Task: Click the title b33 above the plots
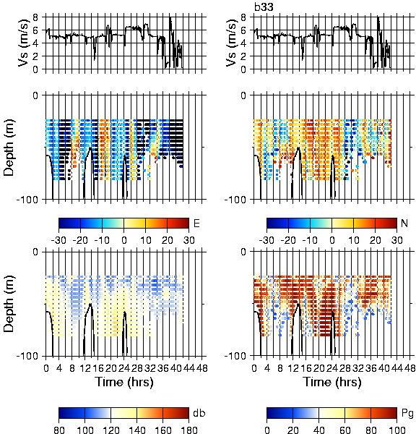coord(264,7)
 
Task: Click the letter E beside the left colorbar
coord(196,223)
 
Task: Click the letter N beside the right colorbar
coord(404,223)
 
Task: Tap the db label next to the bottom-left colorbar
coord(199,413)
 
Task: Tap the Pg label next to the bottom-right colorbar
coord(407,414)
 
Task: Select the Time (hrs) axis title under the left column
coord(124,382)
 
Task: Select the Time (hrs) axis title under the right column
coord(332,382)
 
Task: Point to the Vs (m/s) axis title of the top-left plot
coord(24,43)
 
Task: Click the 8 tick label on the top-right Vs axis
coord(243,17)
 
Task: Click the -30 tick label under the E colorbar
coord(58,240)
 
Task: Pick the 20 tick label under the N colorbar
coord(375,240)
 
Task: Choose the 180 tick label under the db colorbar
coord(188,430)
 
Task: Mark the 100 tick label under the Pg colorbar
coord(397,430)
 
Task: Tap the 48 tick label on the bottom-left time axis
coord(201,368)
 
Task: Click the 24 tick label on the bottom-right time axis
coord(332,368)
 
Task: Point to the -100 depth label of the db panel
coord(27,356)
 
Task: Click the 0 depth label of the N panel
coord(243,95)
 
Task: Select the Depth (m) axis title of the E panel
coord(9,148)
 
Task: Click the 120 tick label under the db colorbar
coord(110,430)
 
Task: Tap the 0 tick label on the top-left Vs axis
coord(35,69)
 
